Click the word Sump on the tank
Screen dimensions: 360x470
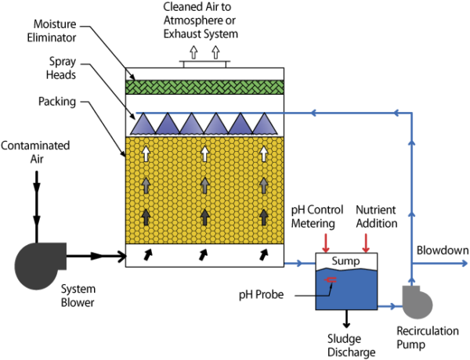pos(346,261)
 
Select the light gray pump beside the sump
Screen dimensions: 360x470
pos(417,304)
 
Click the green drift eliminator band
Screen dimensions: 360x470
pos(204,87)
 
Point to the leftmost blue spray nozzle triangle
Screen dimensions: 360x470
pos(143,124)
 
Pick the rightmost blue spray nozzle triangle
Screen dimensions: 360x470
pos(264,124)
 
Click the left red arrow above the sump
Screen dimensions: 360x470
pos(326,242)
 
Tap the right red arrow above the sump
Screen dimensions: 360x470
pos(365,242)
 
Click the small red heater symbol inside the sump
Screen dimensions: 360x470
pos(331,279)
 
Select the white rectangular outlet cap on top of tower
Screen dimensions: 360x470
pos(204,64)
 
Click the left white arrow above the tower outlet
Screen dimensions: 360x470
pos(193,52)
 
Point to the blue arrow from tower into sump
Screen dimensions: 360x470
pos(298,264)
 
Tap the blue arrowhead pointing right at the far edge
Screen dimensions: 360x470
pos(464,264)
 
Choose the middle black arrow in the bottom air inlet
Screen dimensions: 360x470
pos(204,254)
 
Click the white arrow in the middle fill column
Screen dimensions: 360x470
pos(204,153)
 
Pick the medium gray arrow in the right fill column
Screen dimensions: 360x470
pos(263,185)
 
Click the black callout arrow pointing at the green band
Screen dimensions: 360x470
pos(131,76)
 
